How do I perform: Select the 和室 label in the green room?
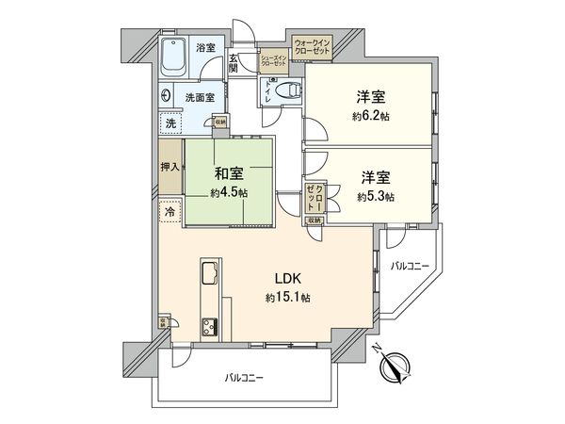[229, 173]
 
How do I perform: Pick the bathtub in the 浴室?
[175, 58]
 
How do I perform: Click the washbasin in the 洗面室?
[167, 95]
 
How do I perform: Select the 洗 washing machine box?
[170, 122]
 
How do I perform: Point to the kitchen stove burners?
[207, 327]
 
